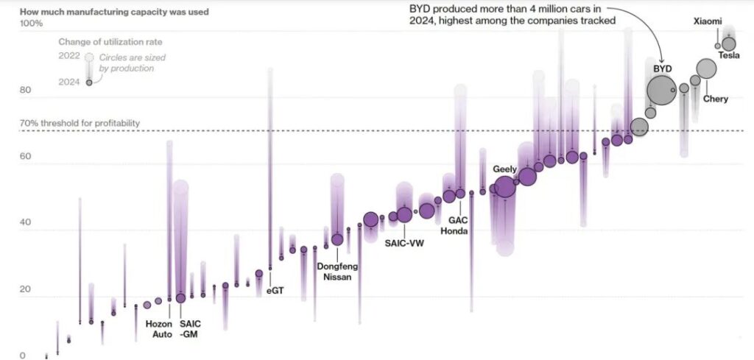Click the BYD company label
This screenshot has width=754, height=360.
pyautogui.click(x=663, y=68)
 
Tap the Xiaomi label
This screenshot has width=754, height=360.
pyautogui.click(x=708, y=21)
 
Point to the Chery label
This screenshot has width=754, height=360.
pyautogui.click(x=715, y=99)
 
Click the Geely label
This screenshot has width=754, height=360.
pyautogui.click(x=504, y=169)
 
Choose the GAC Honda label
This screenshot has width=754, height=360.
pyautogui.click(x=454, y=225)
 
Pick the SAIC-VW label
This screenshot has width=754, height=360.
pyautogui.click(x=404, y=242)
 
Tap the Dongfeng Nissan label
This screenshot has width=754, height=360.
pyautogui.click(x=334, y=272)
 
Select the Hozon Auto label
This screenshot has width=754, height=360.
pyautogui.click(x=158, y=329)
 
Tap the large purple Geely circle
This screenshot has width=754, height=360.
pyautogui.click(x=504, y=187)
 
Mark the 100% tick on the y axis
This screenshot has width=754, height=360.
pyautogui.click(x=31, y=24)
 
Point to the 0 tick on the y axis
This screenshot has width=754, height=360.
pyautogui.click(x=22, y=356)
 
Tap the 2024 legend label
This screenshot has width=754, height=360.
pyautogui.click(x=68, y=82)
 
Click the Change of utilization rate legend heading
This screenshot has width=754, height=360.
pyautogui.click(x=110, y=42)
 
